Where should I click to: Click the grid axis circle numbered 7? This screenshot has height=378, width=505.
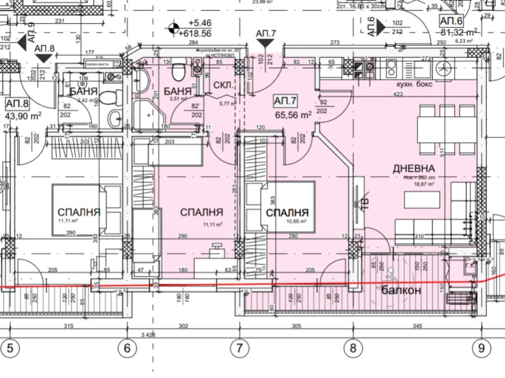pos(239,346)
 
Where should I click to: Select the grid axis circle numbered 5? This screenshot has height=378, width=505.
pos(9,346)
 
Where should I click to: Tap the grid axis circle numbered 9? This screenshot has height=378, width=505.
pos(481,346)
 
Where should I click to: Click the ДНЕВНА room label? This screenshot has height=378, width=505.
pos(413,168)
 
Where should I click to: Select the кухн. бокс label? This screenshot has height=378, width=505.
pos(413,84)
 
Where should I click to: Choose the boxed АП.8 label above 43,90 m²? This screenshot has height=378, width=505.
pos(17,104)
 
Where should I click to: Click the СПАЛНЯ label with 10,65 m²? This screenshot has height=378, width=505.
pos(287,213)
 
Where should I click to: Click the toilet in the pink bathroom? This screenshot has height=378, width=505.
pos(179,67)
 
